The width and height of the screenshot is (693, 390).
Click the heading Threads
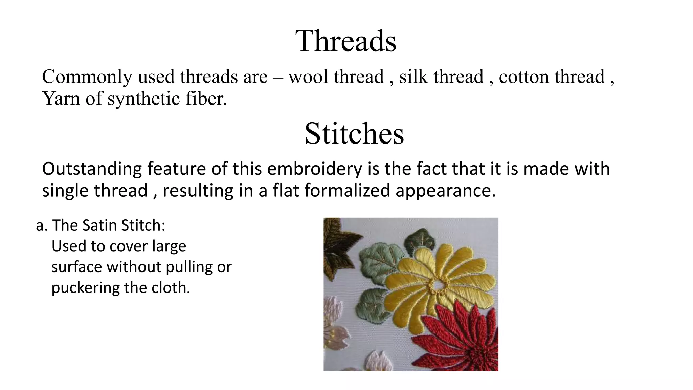click(x=345, y=41)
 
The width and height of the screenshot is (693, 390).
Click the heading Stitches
click(x=354, y=133)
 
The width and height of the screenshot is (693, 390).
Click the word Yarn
click(x=61, y=99)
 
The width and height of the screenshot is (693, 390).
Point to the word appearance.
click(x=445, y=190)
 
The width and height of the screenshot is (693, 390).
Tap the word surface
click(x=77, y=267)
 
